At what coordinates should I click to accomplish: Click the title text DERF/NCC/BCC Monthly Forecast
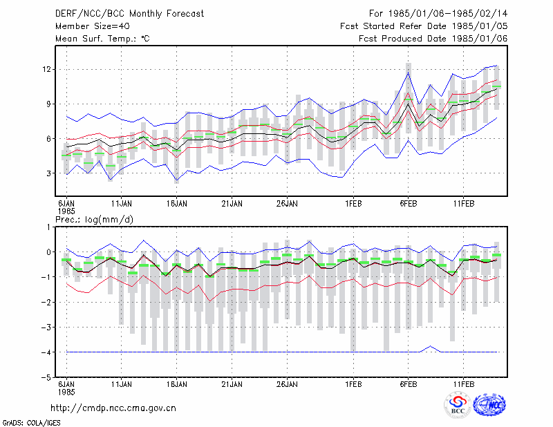[129, 14]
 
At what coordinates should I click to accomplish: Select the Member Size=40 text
[93, 26]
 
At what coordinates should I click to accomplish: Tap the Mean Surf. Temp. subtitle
[102, 39]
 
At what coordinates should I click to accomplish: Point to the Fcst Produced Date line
[433, 39]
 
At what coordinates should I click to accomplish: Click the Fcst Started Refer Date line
[424, 26]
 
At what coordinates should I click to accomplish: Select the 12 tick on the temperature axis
[46, 69]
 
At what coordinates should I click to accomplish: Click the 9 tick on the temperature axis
[48, 104]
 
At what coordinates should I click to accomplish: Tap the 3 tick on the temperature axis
[48, 173]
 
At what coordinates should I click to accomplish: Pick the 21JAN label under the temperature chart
[232, 203]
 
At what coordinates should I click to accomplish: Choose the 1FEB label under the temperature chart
[353, 203]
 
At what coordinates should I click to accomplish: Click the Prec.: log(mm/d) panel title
[94, 220]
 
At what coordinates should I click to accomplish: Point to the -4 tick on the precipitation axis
[46, 352]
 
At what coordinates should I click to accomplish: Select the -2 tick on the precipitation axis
[46, 302]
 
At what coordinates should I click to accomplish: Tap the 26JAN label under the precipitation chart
[287, 384]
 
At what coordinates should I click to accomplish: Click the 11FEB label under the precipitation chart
[463, 384]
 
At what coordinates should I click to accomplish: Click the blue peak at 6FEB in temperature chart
[408, 73]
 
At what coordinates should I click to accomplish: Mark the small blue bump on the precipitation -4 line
[430, 346]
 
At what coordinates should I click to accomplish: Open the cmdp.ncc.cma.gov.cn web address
[113, 408]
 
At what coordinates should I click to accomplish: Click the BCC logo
[458, 406]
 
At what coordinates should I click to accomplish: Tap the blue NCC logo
[489, 405]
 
